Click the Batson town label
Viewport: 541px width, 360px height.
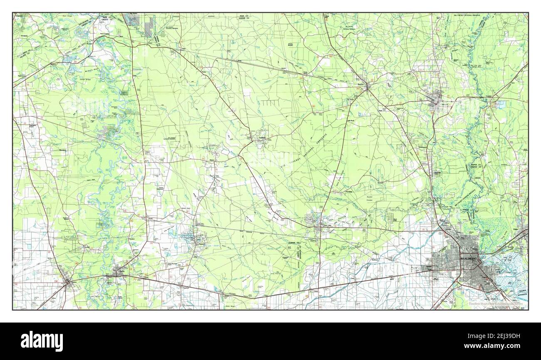[x=214, y=159]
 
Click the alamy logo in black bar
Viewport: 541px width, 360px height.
[x=42, y=341]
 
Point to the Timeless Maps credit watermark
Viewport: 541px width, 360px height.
[x=497, y=303]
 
